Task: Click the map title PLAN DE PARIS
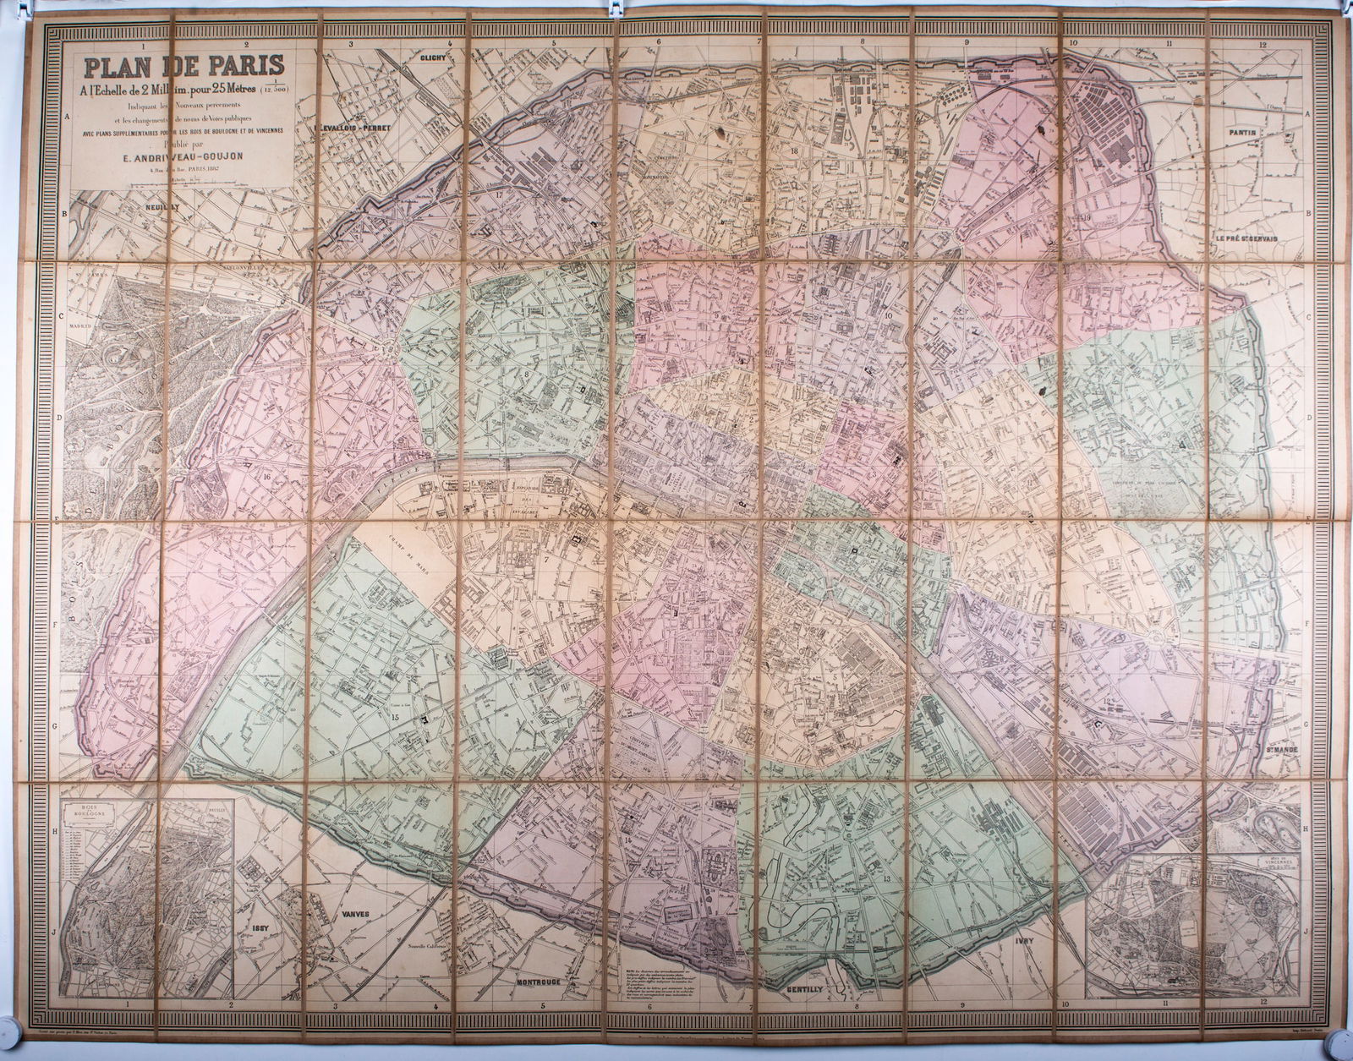[183, 65]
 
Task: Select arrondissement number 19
[1086, 218]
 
